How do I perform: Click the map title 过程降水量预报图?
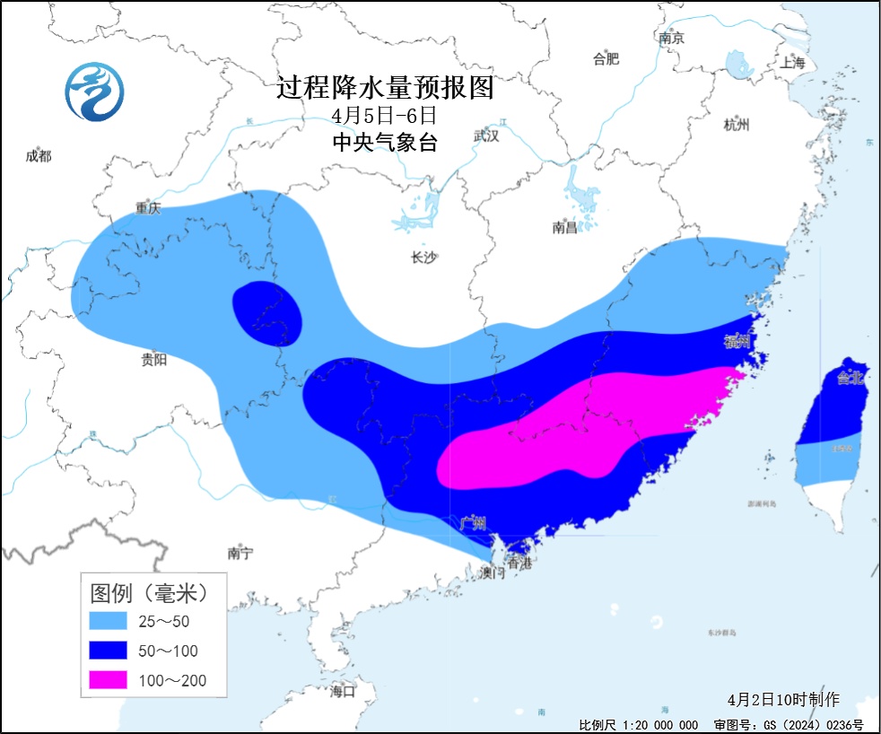pos(385,88)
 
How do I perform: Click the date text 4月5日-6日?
pos(383,116)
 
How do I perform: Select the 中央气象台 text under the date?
pos(384,142)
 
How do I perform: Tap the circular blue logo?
pos(95,92)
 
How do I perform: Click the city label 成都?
pos(39,156)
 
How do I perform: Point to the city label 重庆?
pos(148,207)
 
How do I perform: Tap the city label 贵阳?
pos(153,360)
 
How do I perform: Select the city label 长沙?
pos(423,258)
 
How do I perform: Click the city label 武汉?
pos(485,136)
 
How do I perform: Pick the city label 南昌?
pos(564,228)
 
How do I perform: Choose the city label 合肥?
pos(606,59)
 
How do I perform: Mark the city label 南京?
pos(671,38)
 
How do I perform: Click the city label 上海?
pos(793,62)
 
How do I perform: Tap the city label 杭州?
pos(736,126)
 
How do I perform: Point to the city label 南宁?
pos(240,554)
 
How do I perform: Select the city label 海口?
pos(343,691)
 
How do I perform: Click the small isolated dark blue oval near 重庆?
pos(266,314)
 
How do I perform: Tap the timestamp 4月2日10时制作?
pos(783,699)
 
